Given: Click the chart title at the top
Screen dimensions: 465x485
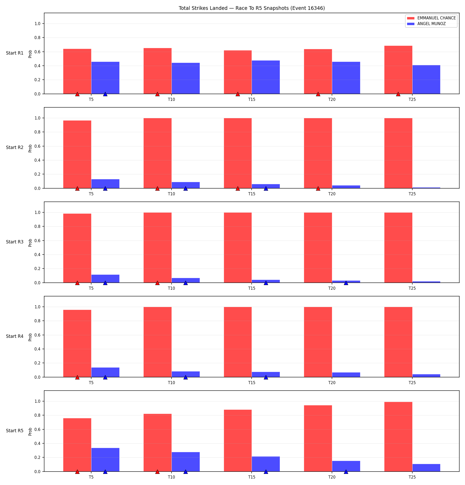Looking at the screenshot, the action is (x=252, y=8).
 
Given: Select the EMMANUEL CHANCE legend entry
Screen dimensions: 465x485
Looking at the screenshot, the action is (x=431, y=18).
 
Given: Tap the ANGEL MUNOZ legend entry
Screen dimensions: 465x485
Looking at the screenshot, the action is (x=427, y=24).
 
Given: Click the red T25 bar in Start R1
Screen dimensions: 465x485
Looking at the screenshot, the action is (x=398, y=70).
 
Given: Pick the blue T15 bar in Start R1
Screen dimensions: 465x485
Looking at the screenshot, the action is (x=266, y=77).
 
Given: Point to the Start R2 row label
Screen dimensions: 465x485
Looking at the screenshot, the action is (x=15, y=147).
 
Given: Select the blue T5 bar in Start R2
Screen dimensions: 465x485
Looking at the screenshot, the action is (x=105, y=184).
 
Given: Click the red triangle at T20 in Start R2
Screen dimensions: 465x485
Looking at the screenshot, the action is (x=318, y=188).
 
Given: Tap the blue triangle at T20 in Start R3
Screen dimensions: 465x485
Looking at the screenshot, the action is (x=346, y=283).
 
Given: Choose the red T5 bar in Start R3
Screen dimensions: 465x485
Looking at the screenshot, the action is (x=77, y=248).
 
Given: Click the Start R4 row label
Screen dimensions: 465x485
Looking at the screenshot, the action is (x=15, y=336).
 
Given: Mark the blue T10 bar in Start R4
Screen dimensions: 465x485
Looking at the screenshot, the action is (x=185, y=374).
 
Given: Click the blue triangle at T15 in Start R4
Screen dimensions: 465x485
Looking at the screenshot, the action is (x=266, y=377).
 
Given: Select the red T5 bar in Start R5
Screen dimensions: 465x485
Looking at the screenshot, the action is (x=77, y=445).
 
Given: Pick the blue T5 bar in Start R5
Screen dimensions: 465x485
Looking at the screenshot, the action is (x=105, y=460).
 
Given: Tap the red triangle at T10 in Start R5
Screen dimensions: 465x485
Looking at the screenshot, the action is (x=157, y=472).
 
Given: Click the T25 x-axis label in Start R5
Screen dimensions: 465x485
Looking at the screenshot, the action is (x=412, y=477).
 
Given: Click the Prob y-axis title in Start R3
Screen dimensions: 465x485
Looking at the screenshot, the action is (x=30, y=243).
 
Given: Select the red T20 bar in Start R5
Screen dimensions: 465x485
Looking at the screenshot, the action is (x=318, y=438).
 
